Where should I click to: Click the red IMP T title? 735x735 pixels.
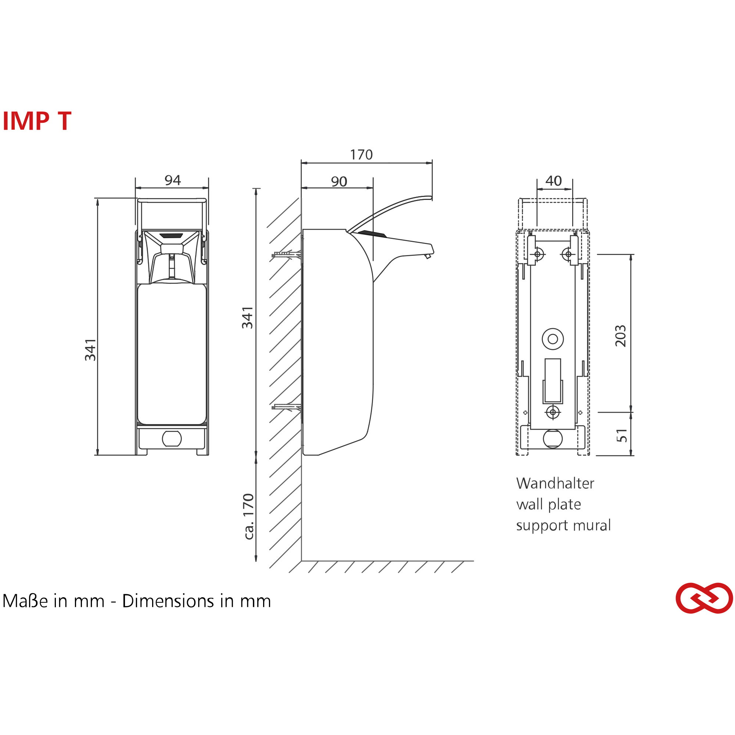(x=37, y=121)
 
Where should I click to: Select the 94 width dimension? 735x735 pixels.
(x=172, y=180)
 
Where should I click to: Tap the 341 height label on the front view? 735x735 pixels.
(x=90, y=349)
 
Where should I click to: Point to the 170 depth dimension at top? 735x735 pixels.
(x=361, y=154)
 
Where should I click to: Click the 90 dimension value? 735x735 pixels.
(x=339, y=182)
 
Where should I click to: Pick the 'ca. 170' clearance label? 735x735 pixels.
(x=248, y=516)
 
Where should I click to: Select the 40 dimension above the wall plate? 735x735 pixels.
(x=553, y=181)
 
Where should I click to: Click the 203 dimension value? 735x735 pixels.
(x=620, y=336)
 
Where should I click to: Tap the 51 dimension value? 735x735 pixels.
(x=621, y=435)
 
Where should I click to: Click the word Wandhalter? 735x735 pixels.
(x=555, y=483)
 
